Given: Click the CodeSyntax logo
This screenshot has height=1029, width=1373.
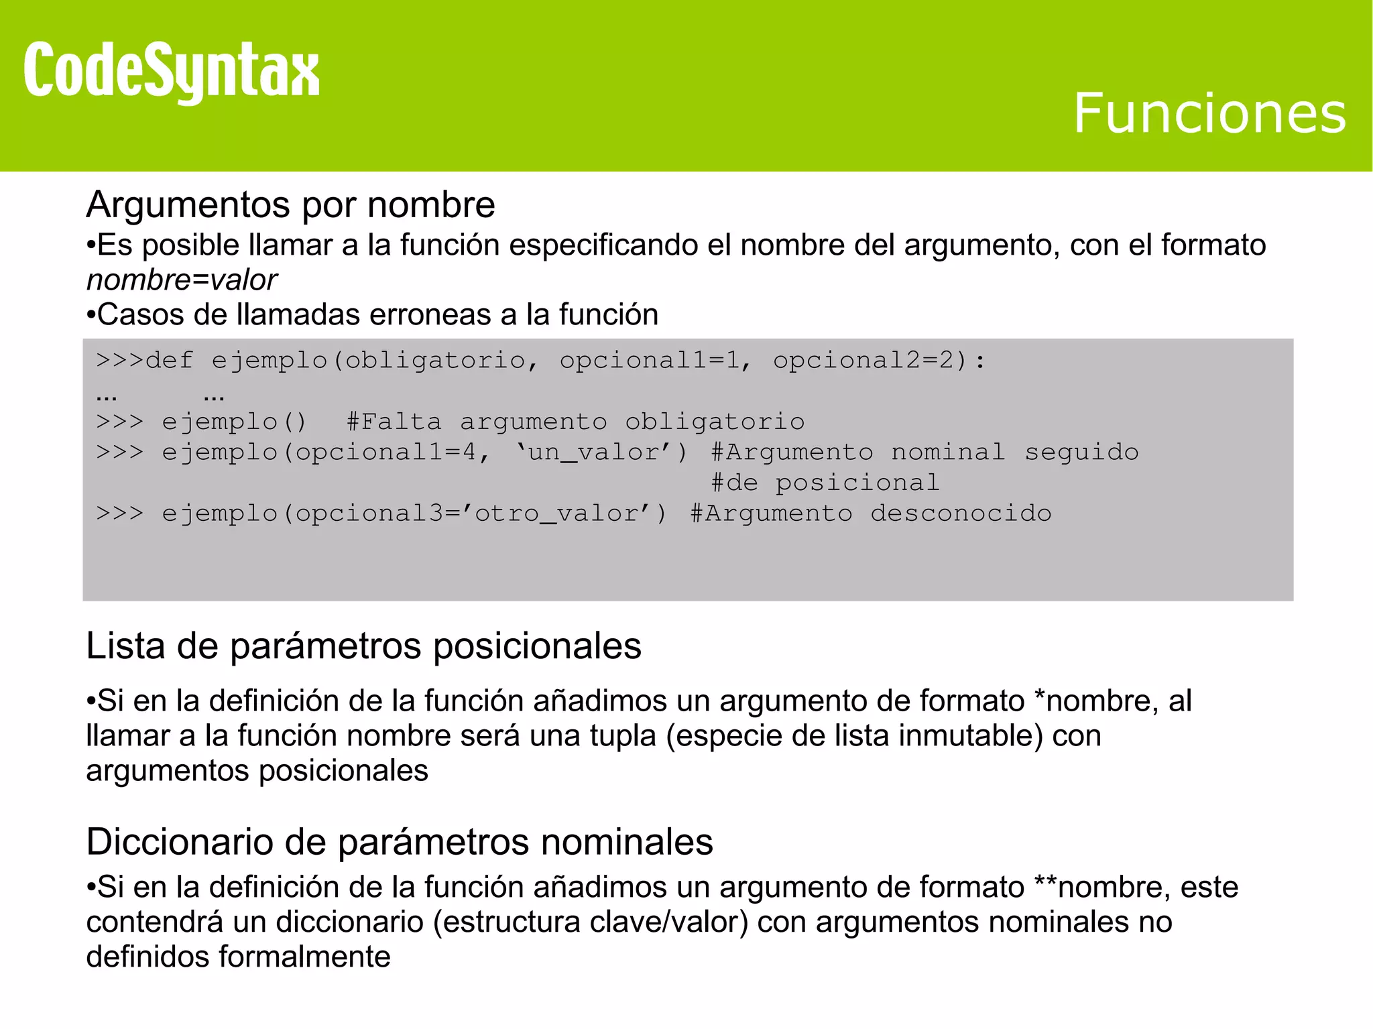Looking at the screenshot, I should click(x=171, y=71).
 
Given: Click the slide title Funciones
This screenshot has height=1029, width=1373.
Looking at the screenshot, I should click(x=1209, y=113).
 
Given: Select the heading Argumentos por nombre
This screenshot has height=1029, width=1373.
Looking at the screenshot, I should click(x=290, y=204).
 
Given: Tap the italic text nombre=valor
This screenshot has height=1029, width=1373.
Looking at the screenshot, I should click(x=182, y=280).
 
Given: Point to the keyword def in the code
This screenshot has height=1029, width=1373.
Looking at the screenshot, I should click(x=169, y=361).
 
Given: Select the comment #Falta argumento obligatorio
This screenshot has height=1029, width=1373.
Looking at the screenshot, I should click(x=575, y=422).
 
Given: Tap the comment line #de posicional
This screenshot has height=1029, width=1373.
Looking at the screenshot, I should click(x=825, y=483).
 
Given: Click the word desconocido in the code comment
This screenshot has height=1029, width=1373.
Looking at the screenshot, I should click(x=961, y=513).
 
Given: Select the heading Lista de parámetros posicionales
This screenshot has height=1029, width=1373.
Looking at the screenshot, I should click(x=363, y=646).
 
